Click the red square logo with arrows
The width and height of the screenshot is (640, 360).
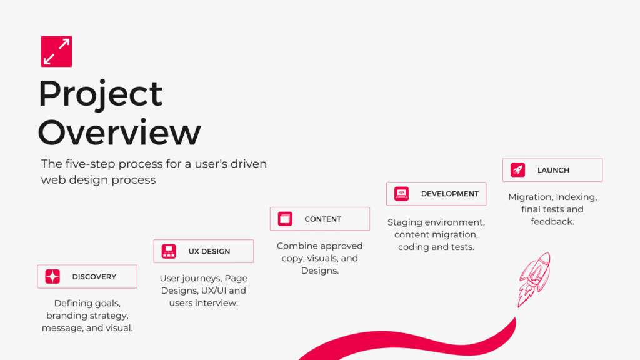[x=56, y=51]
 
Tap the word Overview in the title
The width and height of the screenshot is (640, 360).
[x=119, y=132]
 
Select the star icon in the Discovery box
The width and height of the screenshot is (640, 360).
[x=52, y=277]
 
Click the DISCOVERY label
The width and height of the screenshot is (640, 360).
[x=94, y=277]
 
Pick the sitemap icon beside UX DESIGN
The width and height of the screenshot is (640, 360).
[x=169, y=251]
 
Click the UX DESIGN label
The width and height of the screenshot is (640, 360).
[x=209, y=251]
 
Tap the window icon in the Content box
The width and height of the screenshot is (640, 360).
[x=285, y=219]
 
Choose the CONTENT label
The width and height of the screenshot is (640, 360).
[x=323, y=219]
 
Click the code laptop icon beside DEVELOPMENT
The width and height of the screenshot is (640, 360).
[x=402, y=194]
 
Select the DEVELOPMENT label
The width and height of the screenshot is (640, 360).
[x=450, y=194]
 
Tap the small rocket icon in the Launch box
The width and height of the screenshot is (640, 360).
[x=517, y=170]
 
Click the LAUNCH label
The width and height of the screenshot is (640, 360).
[x=553, y=170]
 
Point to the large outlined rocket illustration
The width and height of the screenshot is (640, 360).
[x=534, y=279]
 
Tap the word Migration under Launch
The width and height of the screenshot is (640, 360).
[x=530, y=197]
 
